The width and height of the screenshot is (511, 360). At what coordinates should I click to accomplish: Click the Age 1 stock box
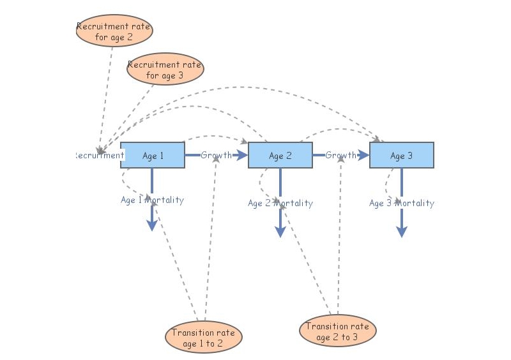tap(153, 155)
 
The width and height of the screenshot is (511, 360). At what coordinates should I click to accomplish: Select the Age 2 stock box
tap(280, 155)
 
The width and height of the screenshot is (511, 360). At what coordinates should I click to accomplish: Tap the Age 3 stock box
tap(402, 155)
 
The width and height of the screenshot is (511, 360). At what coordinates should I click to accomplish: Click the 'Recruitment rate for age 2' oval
tap(114, 31)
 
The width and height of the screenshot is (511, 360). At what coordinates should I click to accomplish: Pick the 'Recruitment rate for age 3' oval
tap(165, 69)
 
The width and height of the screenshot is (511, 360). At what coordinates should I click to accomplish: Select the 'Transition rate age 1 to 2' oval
tap(204, 337)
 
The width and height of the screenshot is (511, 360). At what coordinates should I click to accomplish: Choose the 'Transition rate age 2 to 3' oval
tap(338, 331)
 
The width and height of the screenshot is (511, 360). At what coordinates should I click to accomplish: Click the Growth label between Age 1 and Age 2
tap(217, 155)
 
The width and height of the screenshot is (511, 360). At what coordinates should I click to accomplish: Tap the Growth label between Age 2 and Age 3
tap(341, 155)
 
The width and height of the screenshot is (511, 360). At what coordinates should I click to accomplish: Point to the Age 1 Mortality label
tap(153, 200)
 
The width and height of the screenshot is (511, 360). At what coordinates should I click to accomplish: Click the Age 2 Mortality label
tap(280, 203)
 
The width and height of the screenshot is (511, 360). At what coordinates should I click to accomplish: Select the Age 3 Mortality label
tap(402, 203)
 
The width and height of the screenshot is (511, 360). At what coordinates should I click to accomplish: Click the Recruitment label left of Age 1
tap(99, 155)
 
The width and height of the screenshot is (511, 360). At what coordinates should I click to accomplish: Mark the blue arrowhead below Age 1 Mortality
tap(152, 225)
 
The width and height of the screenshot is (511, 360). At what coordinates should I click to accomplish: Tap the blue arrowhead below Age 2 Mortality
tap(280, 232)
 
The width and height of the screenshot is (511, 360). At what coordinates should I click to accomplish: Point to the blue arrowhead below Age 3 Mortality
tap(401, 232)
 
